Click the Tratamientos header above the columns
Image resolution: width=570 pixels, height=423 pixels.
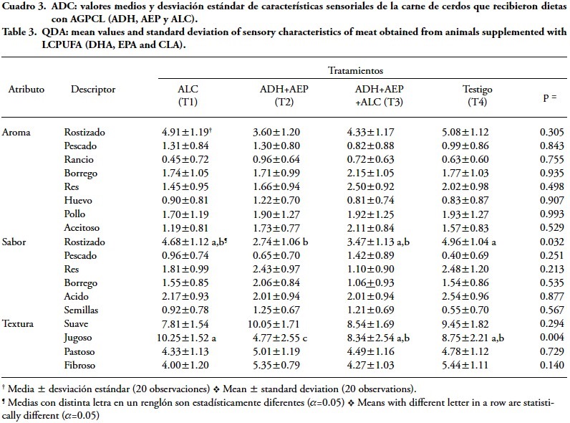click(355, 72)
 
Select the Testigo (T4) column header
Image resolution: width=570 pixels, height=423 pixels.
click(477, 96)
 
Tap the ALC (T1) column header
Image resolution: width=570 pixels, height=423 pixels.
click(188, 96)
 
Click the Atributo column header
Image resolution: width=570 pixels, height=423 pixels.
click(26, 90)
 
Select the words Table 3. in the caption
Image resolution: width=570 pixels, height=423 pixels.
click(22, 32)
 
